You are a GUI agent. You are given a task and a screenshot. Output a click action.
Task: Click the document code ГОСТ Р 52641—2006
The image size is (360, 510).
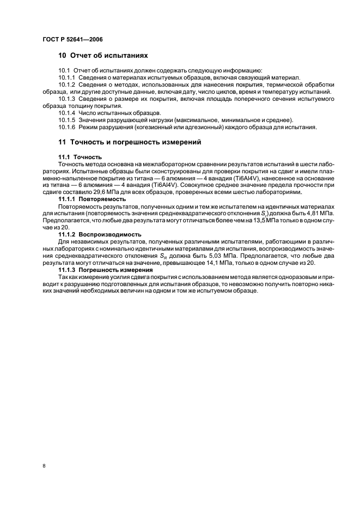point(72,40)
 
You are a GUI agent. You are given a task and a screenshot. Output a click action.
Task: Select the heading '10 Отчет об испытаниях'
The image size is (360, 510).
point(103,56)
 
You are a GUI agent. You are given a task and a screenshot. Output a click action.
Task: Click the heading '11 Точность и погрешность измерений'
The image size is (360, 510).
point(130,142)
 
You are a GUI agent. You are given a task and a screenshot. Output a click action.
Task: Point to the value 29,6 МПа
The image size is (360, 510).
point(123,192)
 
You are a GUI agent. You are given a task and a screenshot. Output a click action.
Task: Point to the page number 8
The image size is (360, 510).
point(44,466)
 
